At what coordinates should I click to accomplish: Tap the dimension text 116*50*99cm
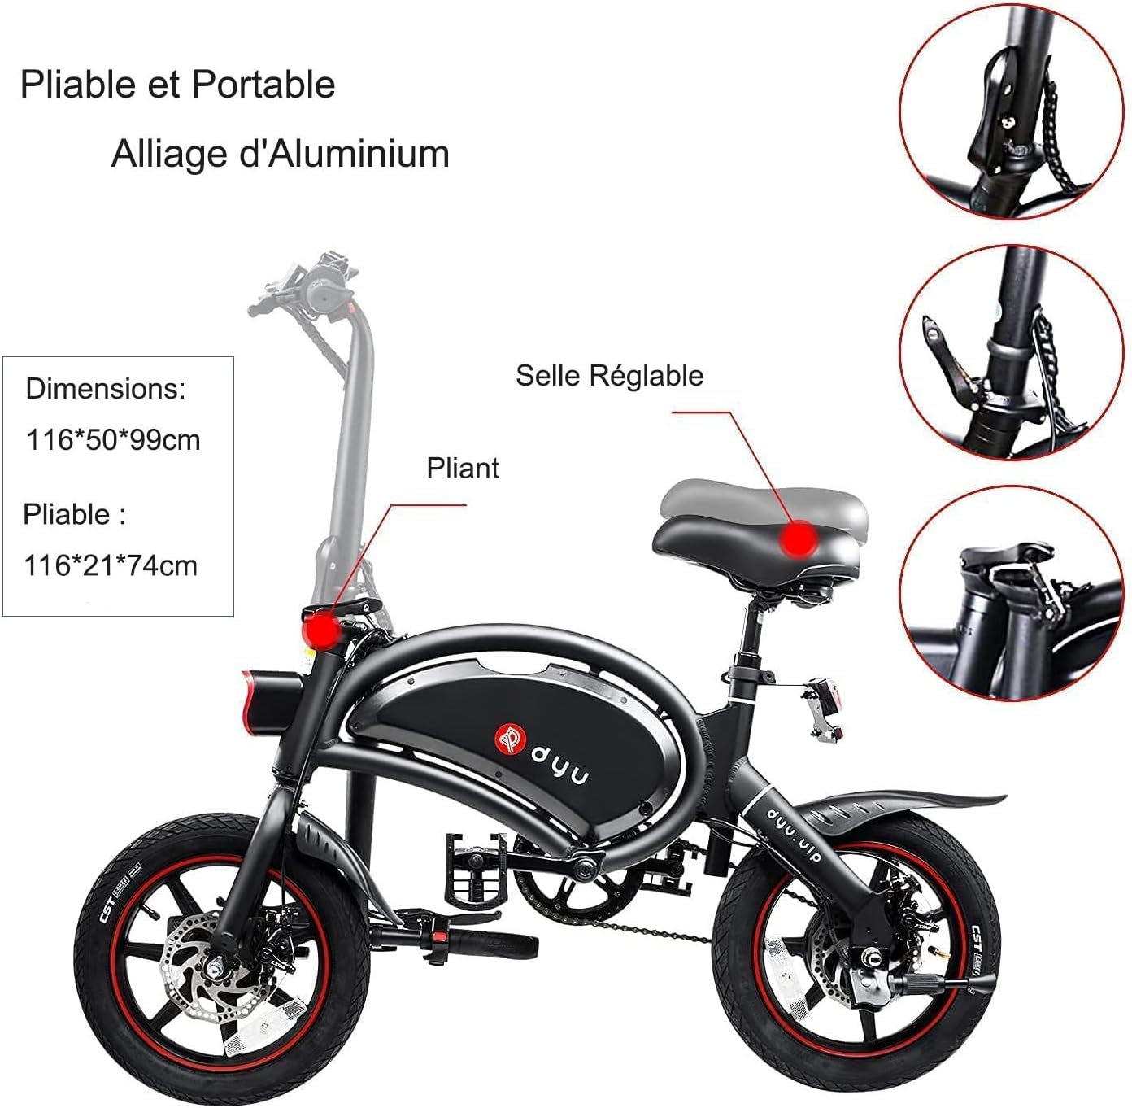[x=113, y=440]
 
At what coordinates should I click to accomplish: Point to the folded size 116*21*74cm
[x=111, y=565]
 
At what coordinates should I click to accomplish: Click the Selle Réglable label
[x=609, y=376]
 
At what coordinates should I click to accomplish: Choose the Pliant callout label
[x=463, y=469]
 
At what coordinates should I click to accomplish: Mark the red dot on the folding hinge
[x=323, y=630]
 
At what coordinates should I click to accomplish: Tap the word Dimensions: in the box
[x=106, y=389]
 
